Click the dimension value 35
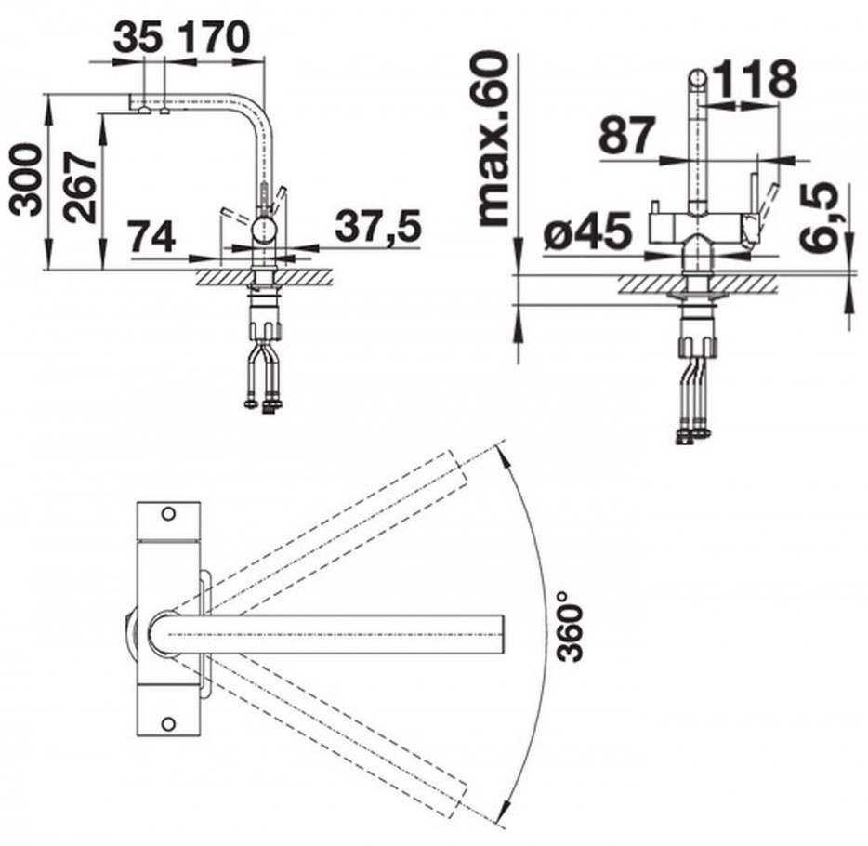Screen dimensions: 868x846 138,37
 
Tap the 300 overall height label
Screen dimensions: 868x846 27,180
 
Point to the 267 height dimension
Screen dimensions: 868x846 79,187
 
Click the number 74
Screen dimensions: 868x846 151,236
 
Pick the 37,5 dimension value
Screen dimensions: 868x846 378,227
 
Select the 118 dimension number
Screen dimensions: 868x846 755,79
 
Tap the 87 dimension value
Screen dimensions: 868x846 627,135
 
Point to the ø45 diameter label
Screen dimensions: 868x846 587,231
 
